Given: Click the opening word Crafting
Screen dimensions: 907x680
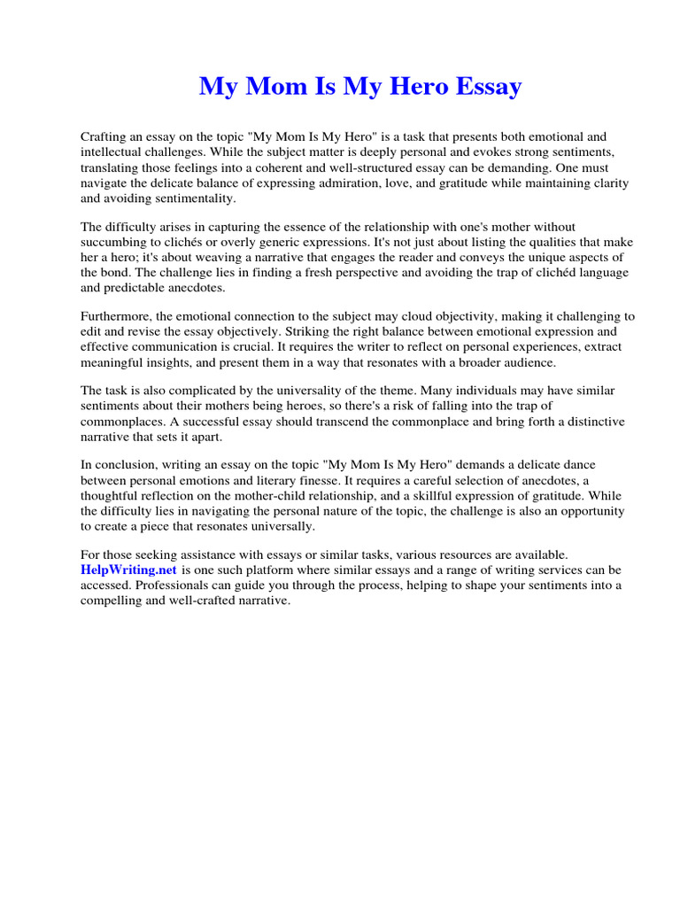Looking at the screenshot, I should coord(104,137).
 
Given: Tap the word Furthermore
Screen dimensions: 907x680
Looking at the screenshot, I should coord(117,317).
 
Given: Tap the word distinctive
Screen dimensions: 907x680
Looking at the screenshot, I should coord(593,422).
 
